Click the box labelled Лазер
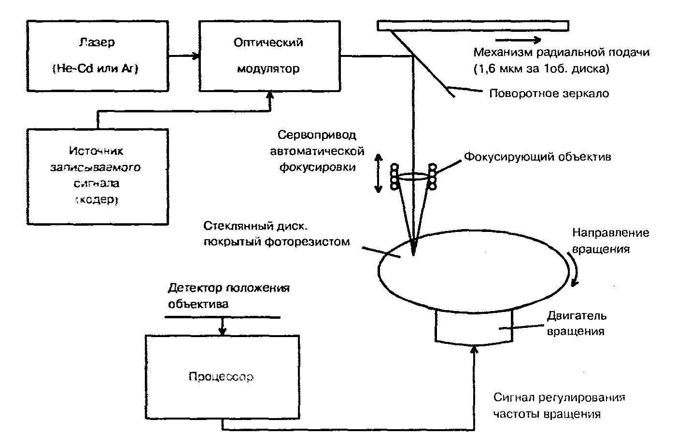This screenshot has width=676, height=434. point(97,55)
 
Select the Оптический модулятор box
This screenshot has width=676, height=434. point(269,55)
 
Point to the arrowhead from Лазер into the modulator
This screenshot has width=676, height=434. point(196,56)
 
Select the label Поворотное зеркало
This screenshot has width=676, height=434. point(549,94)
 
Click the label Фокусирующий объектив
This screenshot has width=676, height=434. point(537,157)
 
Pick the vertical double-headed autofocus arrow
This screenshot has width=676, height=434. point(379,174)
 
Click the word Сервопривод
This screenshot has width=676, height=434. point(317,136)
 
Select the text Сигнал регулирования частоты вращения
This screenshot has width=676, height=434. point(559,406)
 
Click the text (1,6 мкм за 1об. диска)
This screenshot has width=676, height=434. point(541,69)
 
